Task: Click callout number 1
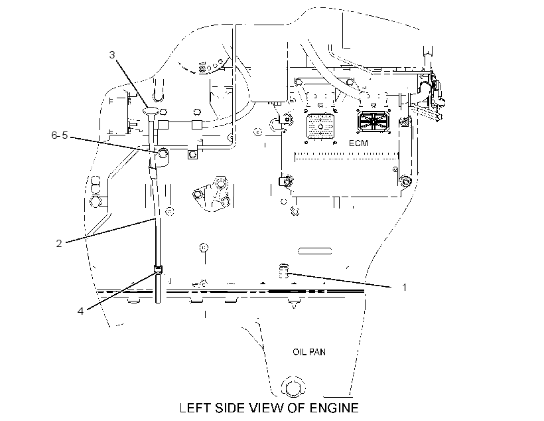(x=404, y=288)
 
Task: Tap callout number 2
(x=59, y=244)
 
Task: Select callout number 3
(x=111, y=55)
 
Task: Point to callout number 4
(x=80, y=311)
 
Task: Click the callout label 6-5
(x=60, y=135)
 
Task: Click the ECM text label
(x=358, y=143)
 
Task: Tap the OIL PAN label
(x=309, y=352)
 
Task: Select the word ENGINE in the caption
(x=334, y=408)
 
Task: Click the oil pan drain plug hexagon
(x=293, y=386)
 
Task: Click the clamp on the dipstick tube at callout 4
(x=157, y=269)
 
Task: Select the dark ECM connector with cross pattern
(x=374, y=122)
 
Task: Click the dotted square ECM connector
(x=320, y=126)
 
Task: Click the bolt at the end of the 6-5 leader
(x=163, y=153)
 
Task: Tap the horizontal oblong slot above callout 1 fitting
(x=315, y=251)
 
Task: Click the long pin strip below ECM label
(x=346, y=156)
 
